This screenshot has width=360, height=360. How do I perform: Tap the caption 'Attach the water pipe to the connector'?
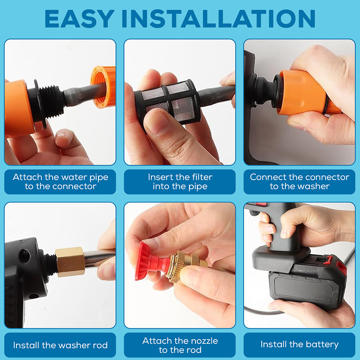tap(60, 182)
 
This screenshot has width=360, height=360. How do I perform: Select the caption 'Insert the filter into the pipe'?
tap(180, 182)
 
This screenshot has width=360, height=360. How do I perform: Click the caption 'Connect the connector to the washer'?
tap(299, 182)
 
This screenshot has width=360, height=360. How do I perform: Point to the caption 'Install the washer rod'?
tap(60, 345)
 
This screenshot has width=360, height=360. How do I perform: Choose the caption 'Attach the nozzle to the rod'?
tap(180, 345)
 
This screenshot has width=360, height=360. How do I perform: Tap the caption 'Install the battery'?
tap(299, 345)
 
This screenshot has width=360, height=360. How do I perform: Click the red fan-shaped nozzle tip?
tap(144, 261)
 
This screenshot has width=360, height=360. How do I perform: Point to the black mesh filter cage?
tap(166, 102)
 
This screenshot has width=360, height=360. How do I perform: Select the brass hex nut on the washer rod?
tap(71, 261)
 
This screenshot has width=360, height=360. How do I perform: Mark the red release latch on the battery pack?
tap(328, 260)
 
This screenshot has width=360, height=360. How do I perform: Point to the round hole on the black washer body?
tap(24, 256)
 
